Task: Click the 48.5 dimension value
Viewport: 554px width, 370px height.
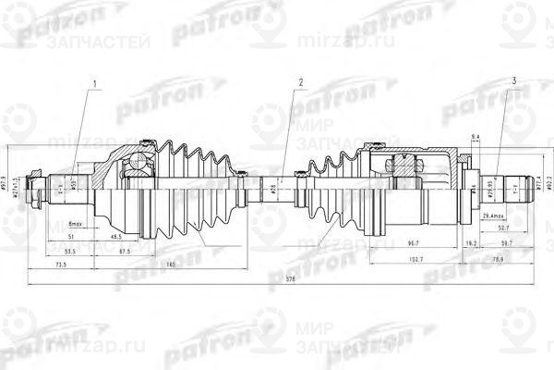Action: pos(116,237)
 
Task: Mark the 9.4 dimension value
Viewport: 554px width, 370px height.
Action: pos(476,137)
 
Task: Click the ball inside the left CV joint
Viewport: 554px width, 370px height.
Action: pos(138,165)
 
